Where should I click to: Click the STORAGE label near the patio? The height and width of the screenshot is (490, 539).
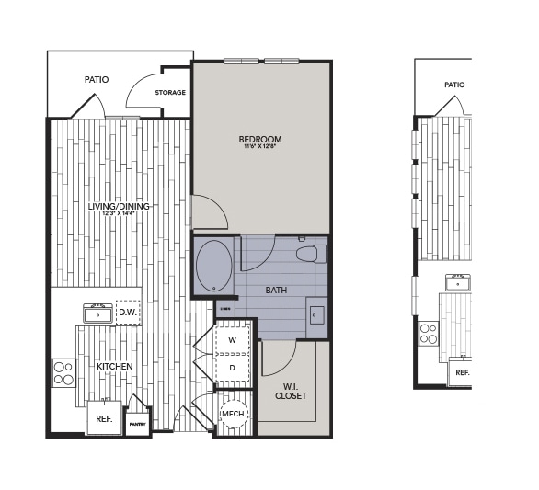170,93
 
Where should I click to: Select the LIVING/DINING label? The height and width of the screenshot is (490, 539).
119,206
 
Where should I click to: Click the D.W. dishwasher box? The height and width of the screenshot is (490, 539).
128,313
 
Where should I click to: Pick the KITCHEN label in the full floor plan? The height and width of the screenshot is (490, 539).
115,366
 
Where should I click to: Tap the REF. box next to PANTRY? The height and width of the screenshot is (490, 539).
104,418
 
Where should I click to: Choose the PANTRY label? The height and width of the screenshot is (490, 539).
137,424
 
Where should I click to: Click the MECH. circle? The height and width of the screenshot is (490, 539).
233,414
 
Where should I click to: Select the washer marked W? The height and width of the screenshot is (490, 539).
232,340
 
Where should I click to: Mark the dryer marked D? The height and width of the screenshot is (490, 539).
232,368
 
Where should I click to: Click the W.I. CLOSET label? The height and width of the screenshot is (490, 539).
291,390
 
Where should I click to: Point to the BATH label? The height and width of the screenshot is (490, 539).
276,290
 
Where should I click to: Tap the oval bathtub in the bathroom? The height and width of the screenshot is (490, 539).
214,267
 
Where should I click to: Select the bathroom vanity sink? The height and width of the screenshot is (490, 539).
315,317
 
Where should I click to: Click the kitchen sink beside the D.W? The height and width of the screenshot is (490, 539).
97,313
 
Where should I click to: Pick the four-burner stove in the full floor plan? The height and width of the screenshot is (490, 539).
63,372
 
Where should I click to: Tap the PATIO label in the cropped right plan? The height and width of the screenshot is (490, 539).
454,85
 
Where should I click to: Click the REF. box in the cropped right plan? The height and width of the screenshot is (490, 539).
461,372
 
